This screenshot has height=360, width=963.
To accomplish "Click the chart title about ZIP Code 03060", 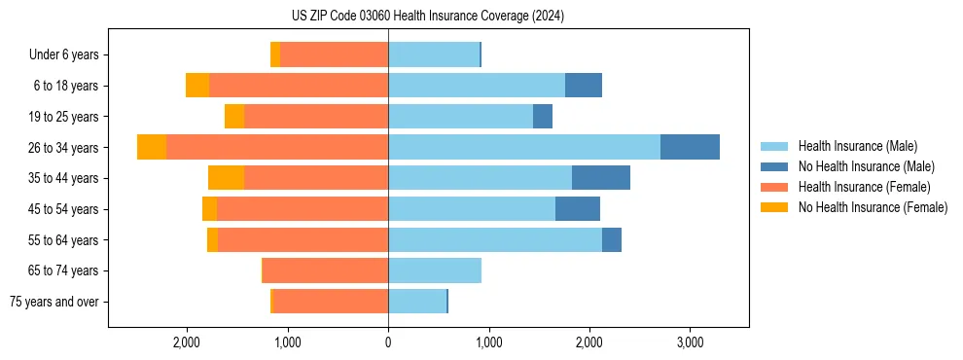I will tap(427, 16).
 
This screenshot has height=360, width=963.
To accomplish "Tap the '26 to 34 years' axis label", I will tap(64, 147).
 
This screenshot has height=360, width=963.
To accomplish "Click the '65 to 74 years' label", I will tap(64, 270).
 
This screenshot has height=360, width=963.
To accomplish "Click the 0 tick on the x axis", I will tap(388, 342).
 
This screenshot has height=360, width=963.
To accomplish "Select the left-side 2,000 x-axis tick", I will tap(186, 342).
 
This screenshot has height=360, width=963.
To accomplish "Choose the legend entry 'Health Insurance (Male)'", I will tap(857, 146).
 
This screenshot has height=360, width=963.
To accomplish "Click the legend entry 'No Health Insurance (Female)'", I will tap(873, 207).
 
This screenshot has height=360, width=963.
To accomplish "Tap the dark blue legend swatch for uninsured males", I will tap(774, 166).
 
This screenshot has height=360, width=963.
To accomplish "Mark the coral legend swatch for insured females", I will tap(774, 187).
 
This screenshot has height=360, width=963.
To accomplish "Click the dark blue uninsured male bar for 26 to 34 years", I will tap(690, 147).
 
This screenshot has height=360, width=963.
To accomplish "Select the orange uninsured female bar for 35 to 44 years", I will tap(226, 178).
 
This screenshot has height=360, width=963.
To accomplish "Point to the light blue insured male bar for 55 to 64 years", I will tap(495, 239).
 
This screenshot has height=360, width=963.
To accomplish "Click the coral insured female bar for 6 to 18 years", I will tap(299, 86).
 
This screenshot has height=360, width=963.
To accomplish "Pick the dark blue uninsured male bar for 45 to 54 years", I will tap(578, 208).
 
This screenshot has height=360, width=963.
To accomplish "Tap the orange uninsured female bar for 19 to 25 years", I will tap(234, 117).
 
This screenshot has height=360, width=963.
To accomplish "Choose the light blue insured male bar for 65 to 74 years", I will tap(435, 270).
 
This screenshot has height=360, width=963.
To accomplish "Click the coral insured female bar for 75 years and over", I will tap(331, 302).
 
